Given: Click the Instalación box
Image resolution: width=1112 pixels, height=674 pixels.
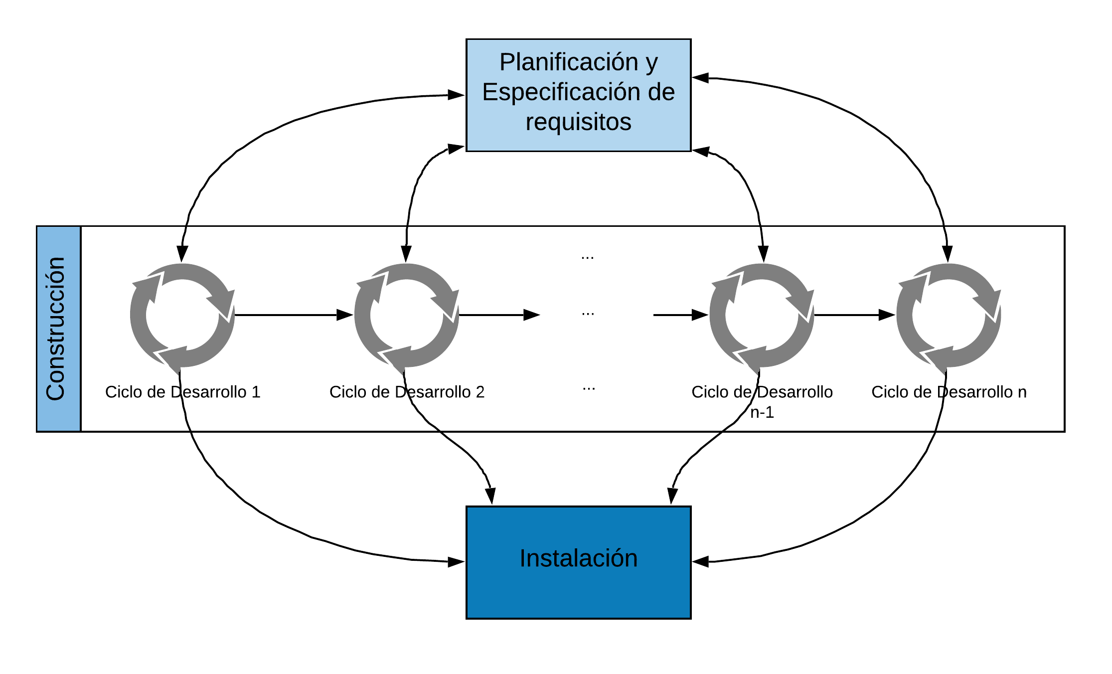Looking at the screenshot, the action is (578, 562).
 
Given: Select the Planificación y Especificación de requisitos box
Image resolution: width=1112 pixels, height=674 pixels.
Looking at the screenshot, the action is (578, 95).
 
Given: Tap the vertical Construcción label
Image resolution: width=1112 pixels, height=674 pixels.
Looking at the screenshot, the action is (55, 329).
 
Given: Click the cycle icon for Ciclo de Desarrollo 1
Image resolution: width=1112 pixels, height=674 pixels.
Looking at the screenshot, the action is (182, 315).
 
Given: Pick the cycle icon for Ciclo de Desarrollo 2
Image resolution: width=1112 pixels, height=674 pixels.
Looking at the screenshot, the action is (407, 315).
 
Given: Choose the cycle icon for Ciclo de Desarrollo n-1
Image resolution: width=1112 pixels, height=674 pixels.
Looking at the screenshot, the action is (762, 315).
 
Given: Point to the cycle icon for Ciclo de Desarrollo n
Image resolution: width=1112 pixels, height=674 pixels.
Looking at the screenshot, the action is (949, 315).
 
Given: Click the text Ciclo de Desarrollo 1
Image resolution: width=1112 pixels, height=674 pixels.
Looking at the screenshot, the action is (183, 392).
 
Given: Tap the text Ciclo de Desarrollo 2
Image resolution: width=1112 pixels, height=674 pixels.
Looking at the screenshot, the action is (407, 392).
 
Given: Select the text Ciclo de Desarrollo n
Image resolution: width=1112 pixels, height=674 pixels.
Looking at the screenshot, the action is (949, 392).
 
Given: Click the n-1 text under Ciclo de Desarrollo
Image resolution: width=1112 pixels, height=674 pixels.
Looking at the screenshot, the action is (762, 412).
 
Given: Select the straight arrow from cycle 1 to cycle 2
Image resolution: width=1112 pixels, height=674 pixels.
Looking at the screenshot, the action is (294, 315).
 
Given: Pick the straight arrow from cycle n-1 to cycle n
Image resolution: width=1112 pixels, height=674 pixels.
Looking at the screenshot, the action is (855, 315).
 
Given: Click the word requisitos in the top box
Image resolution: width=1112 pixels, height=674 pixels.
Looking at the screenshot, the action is (579, 122).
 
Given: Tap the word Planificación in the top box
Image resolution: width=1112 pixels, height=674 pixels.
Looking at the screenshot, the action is (569, 62).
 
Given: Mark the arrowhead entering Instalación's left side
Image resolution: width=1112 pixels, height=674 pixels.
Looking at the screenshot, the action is (457, 562).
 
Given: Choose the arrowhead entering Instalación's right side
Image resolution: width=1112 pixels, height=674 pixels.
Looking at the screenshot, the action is (700, 562).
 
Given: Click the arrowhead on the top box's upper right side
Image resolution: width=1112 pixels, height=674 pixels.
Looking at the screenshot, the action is (700, 78).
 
